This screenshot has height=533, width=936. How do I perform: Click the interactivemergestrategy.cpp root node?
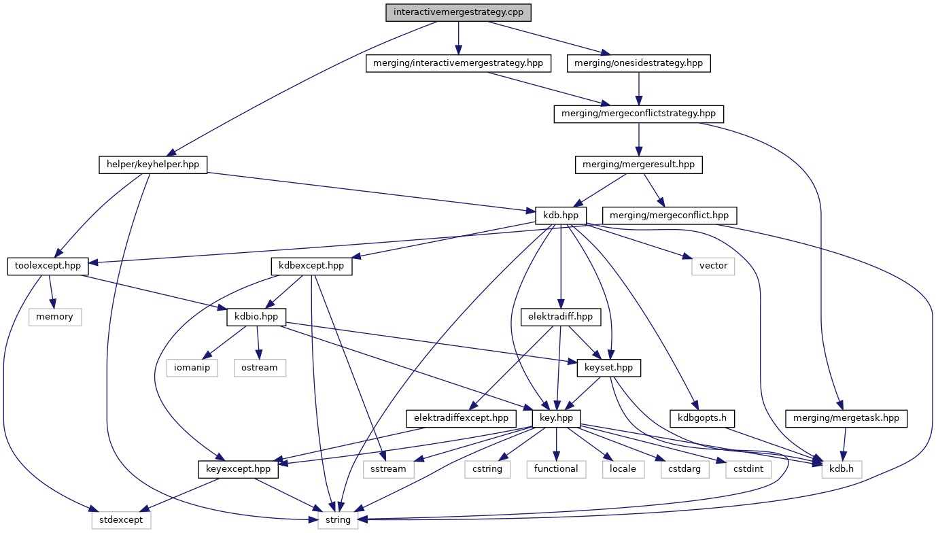tap(458, 12)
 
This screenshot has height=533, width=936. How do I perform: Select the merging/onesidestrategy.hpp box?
tap(638, 63)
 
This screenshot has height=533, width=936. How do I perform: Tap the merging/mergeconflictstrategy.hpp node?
tap(638, 114)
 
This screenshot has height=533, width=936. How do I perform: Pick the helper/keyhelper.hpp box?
tap(152, 164)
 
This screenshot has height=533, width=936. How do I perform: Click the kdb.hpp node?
tap(560, 215)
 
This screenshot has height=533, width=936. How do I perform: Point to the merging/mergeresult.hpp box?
tap(638, 164)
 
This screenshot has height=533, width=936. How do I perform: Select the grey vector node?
tap(713, 266)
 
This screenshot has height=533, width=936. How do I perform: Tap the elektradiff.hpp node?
tap(560, 317)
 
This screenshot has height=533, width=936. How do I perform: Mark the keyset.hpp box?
tap(608, 367)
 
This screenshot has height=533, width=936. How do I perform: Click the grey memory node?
tap(54, 317)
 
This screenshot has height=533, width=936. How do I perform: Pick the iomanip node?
tap(192, 367)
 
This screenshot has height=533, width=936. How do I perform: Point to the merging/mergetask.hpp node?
tap(846, 418)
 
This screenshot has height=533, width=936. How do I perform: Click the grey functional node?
tap(556, 468)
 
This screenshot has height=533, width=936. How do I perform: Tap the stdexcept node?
tap(121, 519)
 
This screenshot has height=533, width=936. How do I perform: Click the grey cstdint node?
tap(748, 468)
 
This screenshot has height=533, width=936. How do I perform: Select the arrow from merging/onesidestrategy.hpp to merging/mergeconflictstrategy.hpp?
tap(638, 88)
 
